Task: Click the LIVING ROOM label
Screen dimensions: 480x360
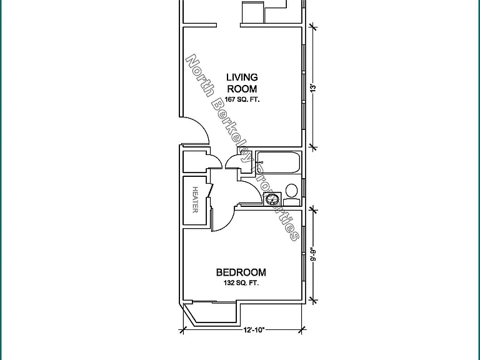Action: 242,83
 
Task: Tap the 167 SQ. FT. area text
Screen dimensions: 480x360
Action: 242,99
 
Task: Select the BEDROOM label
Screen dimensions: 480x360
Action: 241,272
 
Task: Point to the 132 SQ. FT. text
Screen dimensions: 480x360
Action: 241,283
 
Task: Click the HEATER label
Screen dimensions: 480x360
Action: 195,199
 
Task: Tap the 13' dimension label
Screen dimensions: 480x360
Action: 312,88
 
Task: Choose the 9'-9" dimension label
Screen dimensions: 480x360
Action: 312,254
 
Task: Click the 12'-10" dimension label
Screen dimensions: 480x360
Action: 254,330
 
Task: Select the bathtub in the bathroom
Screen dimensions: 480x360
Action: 277,162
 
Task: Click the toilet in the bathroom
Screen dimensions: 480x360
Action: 291,195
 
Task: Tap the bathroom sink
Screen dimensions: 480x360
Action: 272,199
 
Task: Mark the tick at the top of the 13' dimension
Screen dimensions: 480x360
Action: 312,27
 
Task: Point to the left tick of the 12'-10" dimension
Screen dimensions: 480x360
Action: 183,330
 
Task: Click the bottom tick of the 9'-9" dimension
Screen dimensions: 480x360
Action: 312,300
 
